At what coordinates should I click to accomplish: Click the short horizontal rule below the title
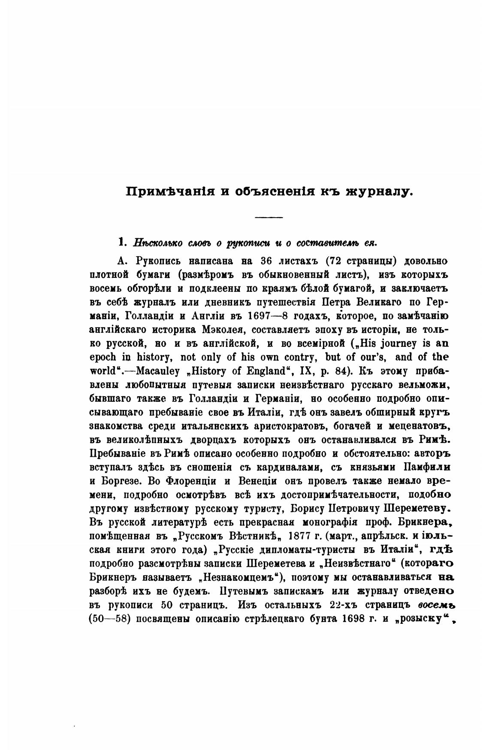click(269, 217)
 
